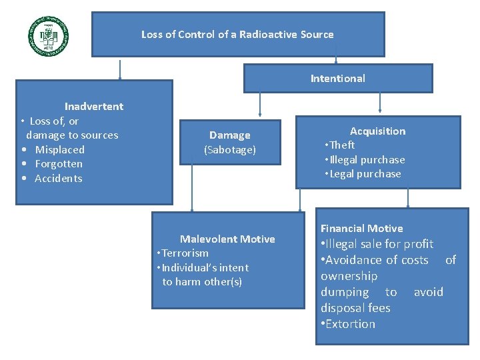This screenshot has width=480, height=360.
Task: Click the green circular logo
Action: pos(48,35)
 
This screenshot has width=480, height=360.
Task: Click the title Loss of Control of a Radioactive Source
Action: pos(237,34)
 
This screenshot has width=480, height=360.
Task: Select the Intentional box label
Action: pos(337,78)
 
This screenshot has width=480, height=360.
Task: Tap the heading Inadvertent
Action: pos(93,106)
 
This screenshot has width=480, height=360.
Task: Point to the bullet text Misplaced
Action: pos(59,149)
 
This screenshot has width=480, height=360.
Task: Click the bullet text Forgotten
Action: pos(59,164)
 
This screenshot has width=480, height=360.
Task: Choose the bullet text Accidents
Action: pos(59,179)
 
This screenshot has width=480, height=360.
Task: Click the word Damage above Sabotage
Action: pos(229,135)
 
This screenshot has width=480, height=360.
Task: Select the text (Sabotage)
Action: pos(229,150)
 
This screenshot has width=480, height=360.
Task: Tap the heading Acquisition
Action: pos(377,131)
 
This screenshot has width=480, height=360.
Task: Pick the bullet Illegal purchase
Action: pos(366,160)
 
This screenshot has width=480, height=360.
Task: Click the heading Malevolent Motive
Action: pos(227,239)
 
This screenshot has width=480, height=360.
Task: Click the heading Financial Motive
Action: pos(361,228)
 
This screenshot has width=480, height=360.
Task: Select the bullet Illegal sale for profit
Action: pos(378,244)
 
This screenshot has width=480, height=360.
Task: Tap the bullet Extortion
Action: pos(349,324)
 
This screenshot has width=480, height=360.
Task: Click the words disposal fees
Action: pos(355,308)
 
